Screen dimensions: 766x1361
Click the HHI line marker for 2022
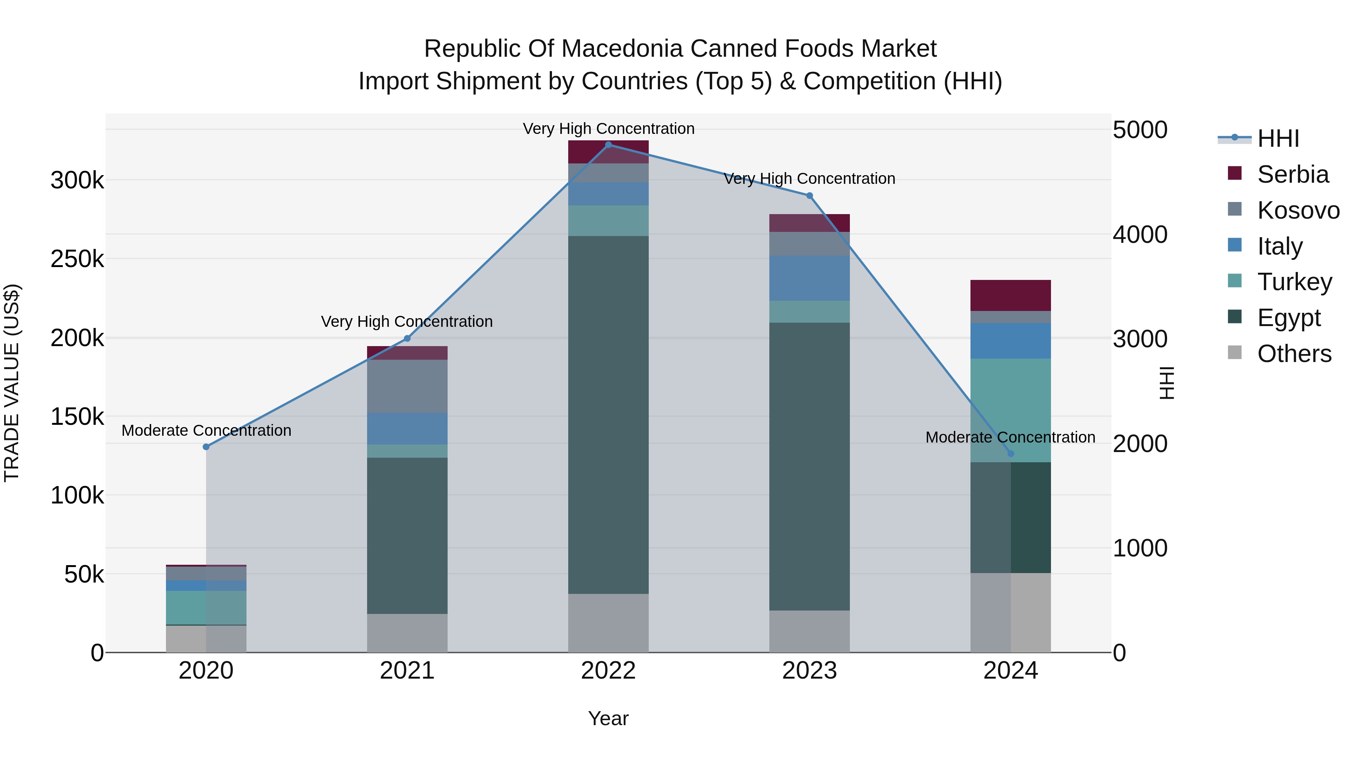coord(608,145)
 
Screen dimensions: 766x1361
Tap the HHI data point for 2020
coord(206,447)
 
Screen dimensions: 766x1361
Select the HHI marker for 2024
coord(1011,454)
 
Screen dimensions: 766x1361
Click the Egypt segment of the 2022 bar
coord(608,415)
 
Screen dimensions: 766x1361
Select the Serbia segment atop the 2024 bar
coord(1011,295)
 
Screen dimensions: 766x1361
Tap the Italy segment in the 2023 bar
coord(809,278)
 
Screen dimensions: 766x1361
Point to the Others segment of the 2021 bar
coord(407,633)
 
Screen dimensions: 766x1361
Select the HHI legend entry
coord(1277,138)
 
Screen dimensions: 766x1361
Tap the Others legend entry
coord(1294,354)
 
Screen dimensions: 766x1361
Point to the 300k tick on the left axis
coord(77,181)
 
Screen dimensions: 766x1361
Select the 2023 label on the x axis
coord(809,671)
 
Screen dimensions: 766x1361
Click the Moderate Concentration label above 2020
coord(206,430)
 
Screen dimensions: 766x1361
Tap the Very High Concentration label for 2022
coord(608,129)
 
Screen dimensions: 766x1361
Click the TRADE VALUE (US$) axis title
coord(12,383)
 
